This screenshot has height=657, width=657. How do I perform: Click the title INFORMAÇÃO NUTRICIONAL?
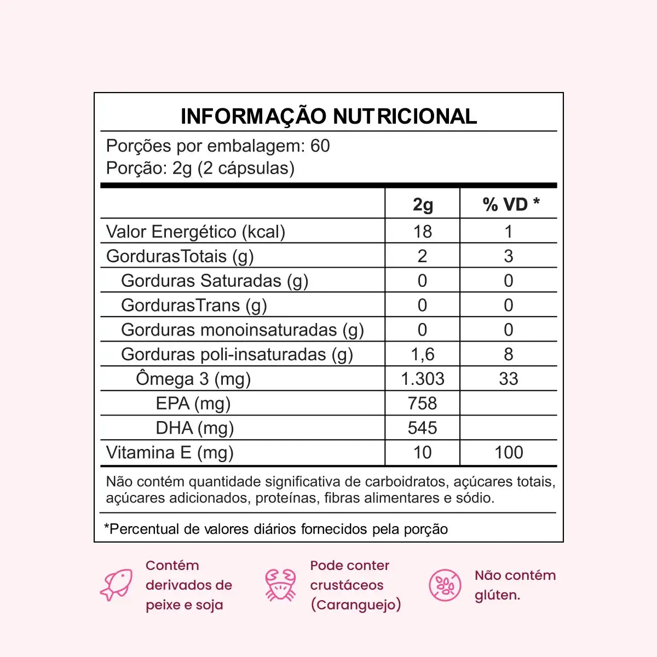(x=328, y=116)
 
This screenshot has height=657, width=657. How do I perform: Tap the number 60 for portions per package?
(x=320, y=146)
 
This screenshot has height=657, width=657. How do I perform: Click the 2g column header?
(x=422, y=204)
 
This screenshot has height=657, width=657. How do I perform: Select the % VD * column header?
(x=510, y=204)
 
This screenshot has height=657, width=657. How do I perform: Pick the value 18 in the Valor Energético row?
(x=422, y=232)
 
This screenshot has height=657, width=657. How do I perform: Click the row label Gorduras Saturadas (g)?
(x=215, y=281)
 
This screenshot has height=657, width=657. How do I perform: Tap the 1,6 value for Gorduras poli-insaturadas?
(x=422, y=354)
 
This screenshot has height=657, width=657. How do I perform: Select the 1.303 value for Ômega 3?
(x=422, y=379)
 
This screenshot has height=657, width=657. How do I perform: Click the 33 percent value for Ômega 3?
(x=508, y=379)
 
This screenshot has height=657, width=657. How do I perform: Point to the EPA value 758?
(x=422, y=404)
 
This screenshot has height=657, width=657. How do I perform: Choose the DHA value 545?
(x=422, y=428)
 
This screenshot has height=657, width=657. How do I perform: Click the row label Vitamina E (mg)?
(x=170, y=453)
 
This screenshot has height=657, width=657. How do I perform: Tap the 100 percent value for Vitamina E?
(x=508, y=453)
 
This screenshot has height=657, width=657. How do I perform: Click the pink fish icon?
(x=117, y=585)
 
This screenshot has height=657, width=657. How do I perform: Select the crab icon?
(x=280, y=585)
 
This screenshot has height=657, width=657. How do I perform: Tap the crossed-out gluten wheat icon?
(x=445, y=585)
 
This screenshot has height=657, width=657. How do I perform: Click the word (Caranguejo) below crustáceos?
(x=355, y=605)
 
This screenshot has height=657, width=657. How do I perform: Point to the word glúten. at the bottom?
(x=497, y=595)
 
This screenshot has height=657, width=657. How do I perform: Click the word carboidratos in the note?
(x=405, y=482)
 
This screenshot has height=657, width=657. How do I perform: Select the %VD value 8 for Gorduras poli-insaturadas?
(x=508, y=354)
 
